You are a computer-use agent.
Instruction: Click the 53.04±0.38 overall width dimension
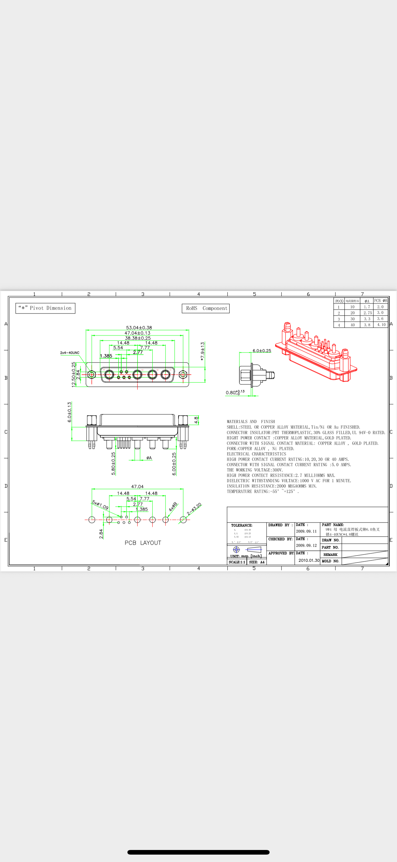139,328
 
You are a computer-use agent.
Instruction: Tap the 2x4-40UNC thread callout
70,353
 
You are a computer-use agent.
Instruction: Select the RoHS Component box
206,308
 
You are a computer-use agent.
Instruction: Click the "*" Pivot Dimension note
46,308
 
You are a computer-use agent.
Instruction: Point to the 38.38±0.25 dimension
138,338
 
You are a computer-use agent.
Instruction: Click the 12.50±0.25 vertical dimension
74,375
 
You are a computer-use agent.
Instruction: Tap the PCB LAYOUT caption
143,543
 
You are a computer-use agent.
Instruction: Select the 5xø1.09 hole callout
100,505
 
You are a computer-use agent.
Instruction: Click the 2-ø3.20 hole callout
194,509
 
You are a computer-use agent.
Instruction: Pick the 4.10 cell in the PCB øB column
381,325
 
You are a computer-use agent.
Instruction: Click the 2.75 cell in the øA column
367,313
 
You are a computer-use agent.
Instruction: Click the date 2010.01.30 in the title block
309,560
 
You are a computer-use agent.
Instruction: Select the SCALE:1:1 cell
237,562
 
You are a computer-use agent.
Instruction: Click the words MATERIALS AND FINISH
251,422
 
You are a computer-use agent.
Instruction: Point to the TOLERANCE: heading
242,525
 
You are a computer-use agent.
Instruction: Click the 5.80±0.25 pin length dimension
113,463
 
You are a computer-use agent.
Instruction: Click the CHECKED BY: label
280,539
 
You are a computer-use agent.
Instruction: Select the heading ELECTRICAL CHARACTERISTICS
256,454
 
